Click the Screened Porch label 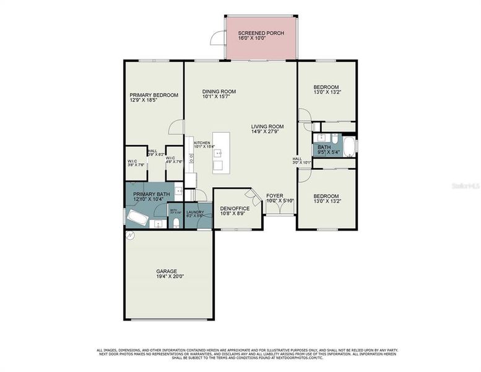coord(261,33)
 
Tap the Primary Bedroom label coord(154,95)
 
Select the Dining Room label coord(219,92)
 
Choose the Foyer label coord(274,196)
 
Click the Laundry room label coord(195,213)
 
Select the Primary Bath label coord(151,195)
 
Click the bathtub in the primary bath coord(137,219)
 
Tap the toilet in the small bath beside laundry coord(176,223)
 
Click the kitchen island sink coord(218,165)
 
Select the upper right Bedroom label coord(326,87)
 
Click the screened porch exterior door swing coord(217,38)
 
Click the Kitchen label coord(202,143)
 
